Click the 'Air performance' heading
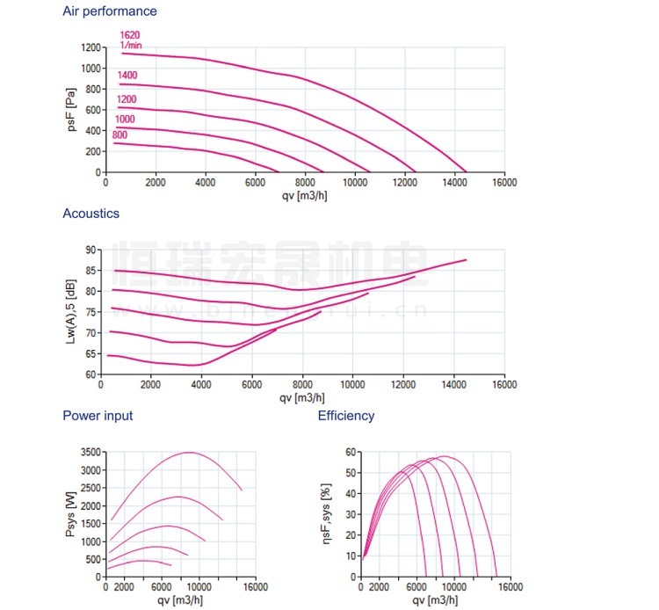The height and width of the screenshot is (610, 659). pos(110,11)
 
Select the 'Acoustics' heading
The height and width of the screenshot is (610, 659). pos(91,214)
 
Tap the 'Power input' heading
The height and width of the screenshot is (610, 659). pos(98,416)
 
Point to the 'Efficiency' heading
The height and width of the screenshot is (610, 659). pos(346,416)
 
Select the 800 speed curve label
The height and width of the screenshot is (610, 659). pos(119,134)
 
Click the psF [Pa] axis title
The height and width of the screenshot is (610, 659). pos(72,109)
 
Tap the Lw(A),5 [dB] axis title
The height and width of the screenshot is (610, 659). pos(72,312)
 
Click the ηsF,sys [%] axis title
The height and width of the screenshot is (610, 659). pos(327,514)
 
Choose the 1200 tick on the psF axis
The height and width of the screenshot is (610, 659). pos(91,47)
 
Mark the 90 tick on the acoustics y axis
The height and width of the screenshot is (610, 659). pos(92,250)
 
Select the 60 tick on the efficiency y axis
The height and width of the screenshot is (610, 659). pos(350,452)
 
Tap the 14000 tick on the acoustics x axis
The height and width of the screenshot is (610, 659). pos(453,385)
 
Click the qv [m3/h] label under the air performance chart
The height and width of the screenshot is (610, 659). pos(305,194)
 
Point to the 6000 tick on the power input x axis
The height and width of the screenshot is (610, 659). pos(162,588)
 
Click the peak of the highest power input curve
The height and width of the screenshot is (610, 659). pos(189,452)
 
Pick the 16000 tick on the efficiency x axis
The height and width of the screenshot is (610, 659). pos(511,588)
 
